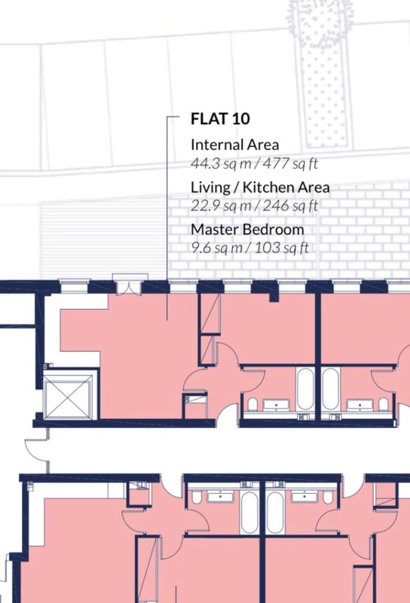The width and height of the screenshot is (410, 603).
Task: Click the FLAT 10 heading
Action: (x=220, y=118)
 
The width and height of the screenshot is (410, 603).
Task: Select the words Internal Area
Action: (x=234, y=145)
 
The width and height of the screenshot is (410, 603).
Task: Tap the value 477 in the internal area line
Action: (x=276, y=164)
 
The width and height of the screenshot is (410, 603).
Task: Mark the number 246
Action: (x=276, y=205)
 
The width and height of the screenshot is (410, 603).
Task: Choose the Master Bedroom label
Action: (x=247, y=230)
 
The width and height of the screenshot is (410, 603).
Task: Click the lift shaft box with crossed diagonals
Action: (x=68, y=396)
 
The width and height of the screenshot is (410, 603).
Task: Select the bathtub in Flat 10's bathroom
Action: (x=305, y=389)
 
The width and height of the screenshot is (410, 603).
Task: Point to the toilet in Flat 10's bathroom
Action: (x=252, y=405)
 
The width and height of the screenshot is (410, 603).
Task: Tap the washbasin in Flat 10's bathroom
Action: (x=276, y=405)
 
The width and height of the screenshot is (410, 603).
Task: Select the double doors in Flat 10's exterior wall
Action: (x=130, y=286)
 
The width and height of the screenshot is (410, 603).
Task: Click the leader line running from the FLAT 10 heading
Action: (x=167, y=217)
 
